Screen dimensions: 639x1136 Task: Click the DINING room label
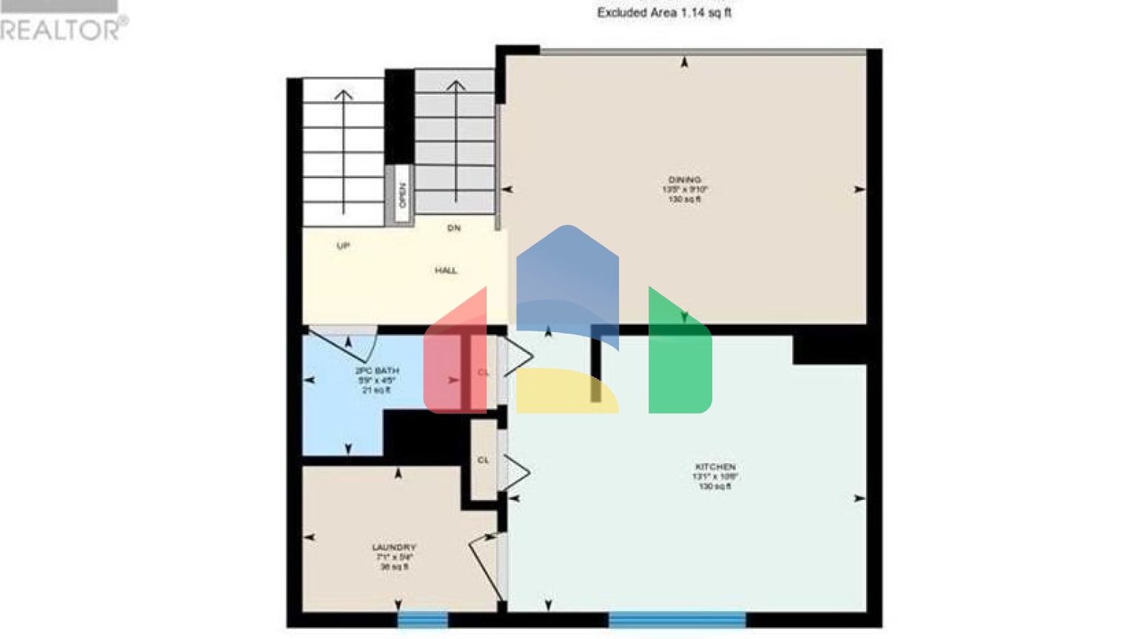[684, 180]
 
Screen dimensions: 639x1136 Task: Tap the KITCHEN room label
[714, 467]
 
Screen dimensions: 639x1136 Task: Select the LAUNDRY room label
[393, 548]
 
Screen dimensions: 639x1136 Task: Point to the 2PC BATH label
[377, 371]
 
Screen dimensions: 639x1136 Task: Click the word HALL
[445, 271]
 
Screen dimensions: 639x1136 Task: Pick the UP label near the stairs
[343, 246]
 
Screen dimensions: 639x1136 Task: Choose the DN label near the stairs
[453, 228]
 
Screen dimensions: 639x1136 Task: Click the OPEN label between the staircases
[402, 195]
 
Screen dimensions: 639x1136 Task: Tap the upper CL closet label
[483, 373]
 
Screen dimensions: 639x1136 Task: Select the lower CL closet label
[483, 460]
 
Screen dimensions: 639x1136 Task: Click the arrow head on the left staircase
[343, 94]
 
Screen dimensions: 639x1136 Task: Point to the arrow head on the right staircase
[456, 86]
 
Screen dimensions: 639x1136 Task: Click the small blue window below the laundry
[422, 619]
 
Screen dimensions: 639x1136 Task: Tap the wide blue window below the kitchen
[677, 619]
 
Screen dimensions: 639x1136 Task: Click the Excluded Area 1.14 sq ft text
[664, 13]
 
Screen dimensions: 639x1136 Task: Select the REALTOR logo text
[63, 30]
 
